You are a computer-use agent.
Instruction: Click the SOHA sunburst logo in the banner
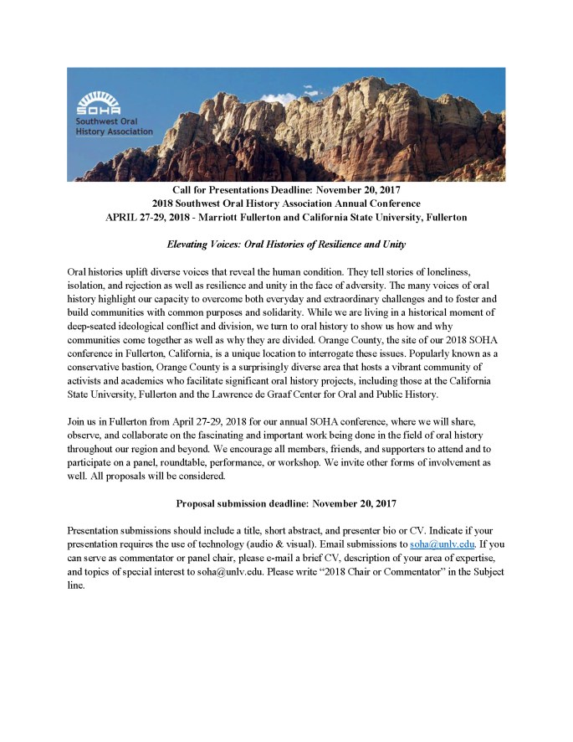[98, 102]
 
